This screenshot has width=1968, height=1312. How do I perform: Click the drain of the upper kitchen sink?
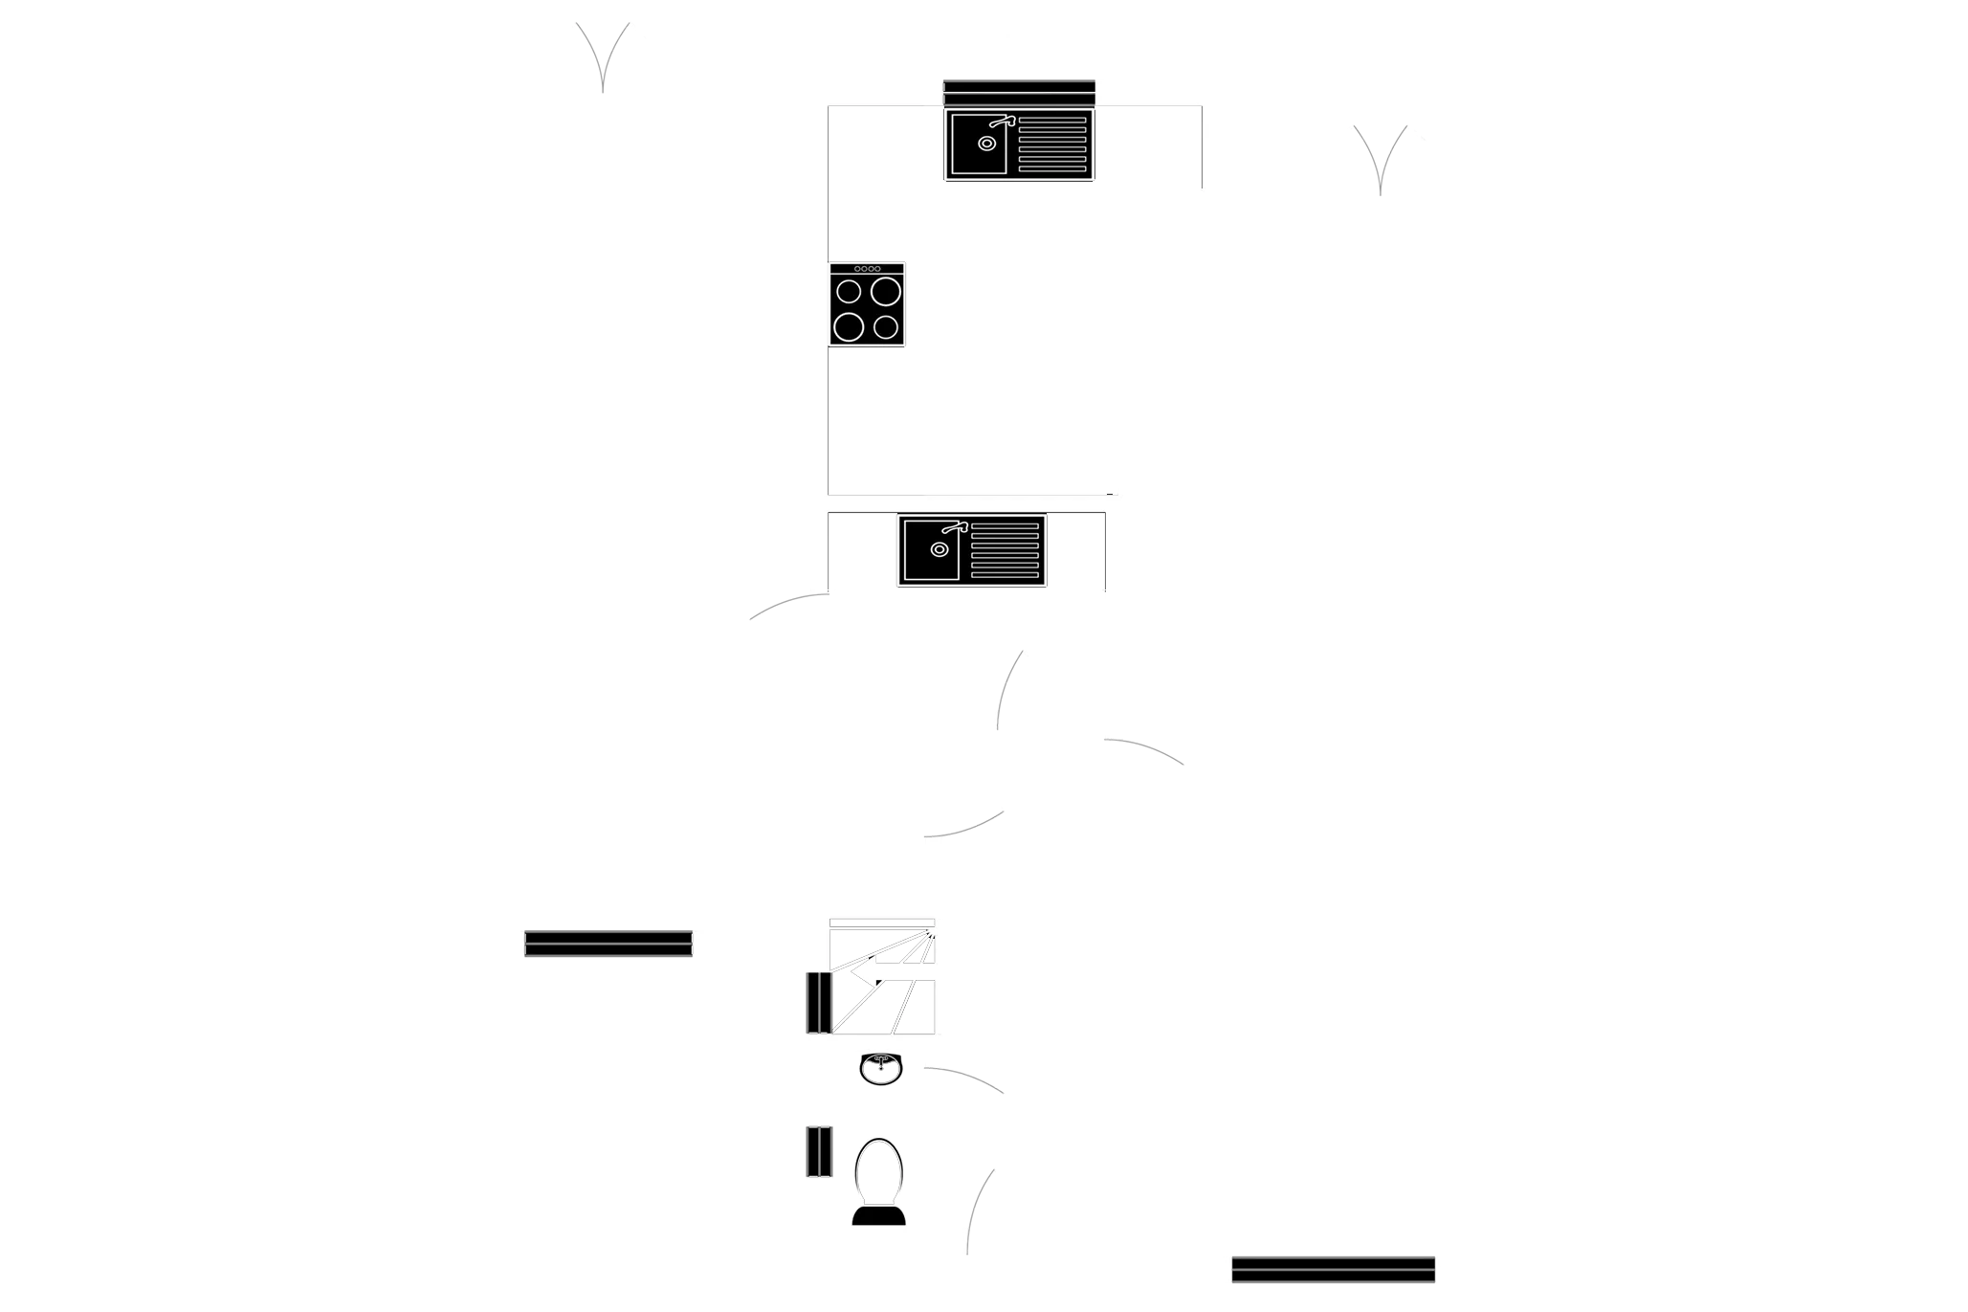[986, 144]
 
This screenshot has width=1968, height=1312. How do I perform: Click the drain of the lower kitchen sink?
[940, 549]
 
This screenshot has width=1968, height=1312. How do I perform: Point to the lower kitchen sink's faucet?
[955, 527]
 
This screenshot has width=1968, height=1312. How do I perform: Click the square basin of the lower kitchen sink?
[930, 551]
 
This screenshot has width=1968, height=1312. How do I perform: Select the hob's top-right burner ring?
[886, 291]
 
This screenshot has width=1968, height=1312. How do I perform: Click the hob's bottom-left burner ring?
[849, 327]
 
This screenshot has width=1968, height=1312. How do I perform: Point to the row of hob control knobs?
[867, 269]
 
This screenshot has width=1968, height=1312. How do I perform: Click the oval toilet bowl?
[877, 1169]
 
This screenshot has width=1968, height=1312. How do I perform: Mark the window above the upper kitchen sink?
[1019, 92]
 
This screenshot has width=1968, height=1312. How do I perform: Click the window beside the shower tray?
[818, 1003]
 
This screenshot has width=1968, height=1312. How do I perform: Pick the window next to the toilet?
[818, 1151]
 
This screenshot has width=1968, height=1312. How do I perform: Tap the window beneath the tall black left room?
[608, 944]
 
